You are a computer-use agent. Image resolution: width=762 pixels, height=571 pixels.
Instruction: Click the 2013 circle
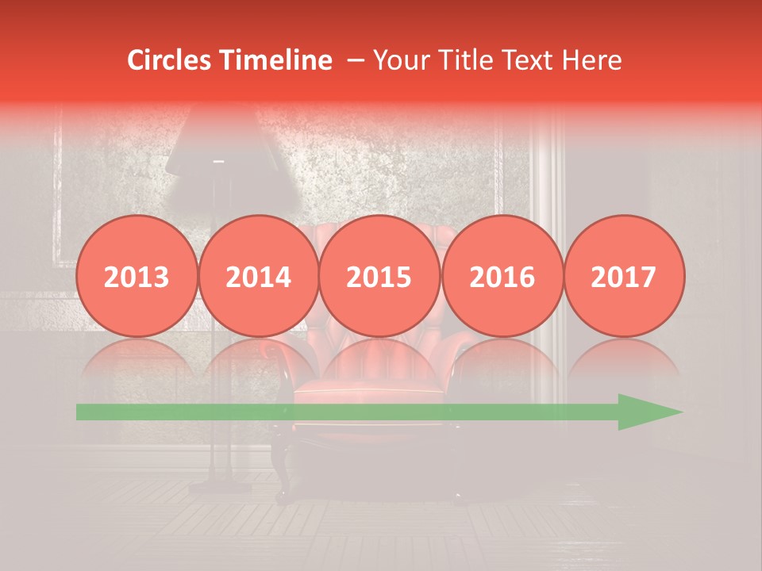(137, 276)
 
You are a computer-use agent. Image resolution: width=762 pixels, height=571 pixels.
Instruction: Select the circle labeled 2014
(259, 276)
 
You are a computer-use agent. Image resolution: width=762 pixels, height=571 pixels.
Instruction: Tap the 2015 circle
(379, 276)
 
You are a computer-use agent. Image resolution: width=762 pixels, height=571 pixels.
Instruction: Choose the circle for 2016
(502, 276)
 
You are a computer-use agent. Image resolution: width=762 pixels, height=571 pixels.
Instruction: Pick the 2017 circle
(624, 276)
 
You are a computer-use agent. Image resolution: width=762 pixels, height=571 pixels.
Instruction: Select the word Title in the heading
(466, 60)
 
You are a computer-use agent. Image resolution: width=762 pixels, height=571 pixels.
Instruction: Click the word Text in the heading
(529, 60)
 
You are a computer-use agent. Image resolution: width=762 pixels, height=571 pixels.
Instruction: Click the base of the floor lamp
(217, 485)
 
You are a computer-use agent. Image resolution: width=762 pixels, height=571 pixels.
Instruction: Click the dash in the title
(356, 60)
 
